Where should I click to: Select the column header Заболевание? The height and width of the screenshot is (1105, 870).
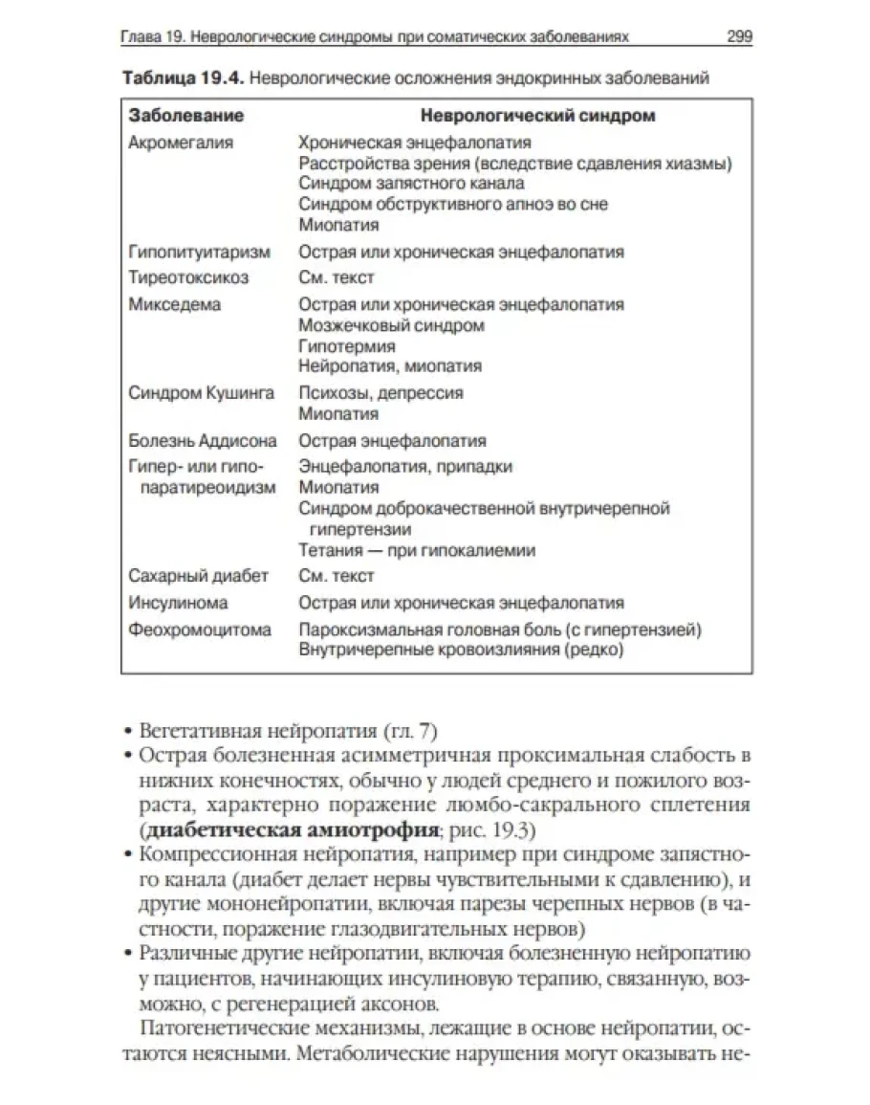pyautogui.click(x=186, y=116)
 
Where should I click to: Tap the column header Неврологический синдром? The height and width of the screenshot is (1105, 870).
pyautogui.click(x=538, y=116)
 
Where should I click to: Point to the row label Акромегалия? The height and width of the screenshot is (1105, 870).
pyautogui.click(x=181, y=143)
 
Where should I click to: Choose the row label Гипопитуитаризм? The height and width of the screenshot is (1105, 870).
pyautogui.click(x=199, y=253)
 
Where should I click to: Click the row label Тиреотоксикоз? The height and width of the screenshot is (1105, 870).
pyautogui.click(x=188, y=277)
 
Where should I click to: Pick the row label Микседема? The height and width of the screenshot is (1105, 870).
pyautogui.click(x=174, y=304)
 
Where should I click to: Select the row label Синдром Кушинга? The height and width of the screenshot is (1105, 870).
pyautogui.click(x=201, y=392)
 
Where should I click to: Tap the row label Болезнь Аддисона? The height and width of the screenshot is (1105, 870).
pyautogui.click(x=203, y=441)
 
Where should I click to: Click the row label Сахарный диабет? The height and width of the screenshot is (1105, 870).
pyautogui.click(x=199, y=576)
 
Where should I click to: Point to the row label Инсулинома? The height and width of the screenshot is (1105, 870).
pyautogui.click(x=179, y=603)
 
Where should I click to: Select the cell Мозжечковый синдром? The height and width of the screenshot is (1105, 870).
pyautogui.click(x=391, y=325)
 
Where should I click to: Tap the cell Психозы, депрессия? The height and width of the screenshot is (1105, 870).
pyautogui.click(x=381, y=392)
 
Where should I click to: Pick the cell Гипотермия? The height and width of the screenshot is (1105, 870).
pyautogui.click(x=346, y=345)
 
